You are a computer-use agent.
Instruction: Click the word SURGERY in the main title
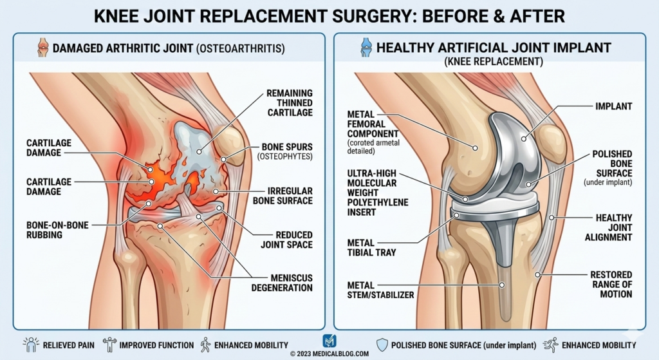345,15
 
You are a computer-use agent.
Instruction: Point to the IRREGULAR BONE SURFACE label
288,196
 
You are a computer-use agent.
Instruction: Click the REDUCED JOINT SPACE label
286,240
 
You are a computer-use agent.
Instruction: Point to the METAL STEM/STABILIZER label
380,290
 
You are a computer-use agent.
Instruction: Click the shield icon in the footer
382,345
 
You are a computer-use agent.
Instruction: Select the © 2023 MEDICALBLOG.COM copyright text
329,354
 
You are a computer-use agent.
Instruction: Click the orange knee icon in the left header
42,48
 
